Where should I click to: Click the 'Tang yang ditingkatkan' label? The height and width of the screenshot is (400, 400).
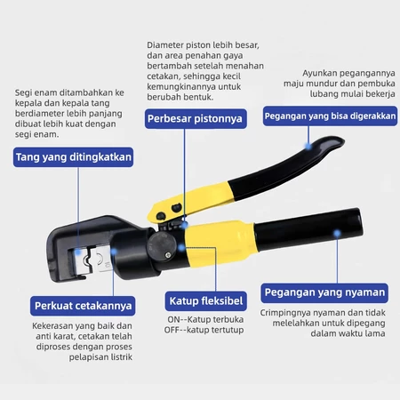point(73,157)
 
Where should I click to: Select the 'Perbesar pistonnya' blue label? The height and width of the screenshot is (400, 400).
point(196,118)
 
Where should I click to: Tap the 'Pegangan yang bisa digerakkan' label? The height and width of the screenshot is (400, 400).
point(330,116)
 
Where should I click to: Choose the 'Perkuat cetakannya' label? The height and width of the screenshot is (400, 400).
point(83,306)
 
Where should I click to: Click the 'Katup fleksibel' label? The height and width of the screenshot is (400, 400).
point(206,301)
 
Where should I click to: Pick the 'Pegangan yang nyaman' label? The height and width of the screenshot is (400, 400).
point(324,292)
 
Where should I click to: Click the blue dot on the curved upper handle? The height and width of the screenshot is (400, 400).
point(308,146)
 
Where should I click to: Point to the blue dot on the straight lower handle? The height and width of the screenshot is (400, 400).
point(337,234)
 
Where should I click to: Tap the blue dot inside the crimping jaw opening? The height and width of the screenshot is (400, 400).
point(78,252)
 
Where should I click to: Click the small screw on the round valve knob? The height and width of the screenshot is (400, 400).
point(168,255)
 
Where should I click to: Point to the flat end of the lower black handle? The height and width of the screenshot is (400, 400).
point(360,223)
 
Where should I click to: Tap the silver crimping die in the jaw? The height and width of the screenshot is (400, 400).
point(93,260)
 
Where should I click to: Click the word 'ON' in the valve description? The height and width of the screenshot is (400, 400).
point(173,320)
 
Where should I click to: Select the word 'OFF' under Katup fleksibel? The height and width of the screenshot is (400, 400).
point(172,330)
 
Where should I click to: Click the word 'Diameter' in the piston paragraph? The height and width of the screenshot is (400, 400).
point(165,45)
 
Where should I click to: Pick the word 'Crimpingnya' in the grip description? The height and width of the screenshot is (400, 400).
point(285,313)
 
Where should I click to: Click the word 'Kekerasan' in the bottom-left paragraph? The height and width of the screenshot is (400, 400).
point(52,326)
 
